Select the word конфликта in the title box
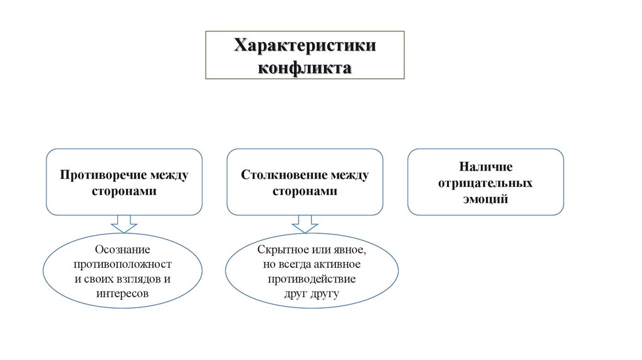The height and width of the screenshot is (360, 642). tap(305, 66)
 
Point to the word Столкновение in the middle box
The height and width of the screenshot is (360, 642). tap(276, 174)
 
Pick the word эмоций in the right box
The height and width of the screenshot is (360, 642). tap(485, 199)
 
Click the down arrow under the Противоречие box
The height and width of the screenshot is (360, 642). tap(124, 224)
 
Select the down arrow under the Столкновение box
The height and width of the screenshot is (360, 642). tap(305, 224)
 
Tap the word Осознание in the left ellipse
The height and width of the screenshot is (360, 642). tap(124, 250)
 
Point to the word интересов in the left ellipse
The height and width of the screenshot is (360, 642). tap(124, 293)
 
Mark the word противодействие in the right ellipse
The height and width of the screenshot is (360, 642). tap(312, 278)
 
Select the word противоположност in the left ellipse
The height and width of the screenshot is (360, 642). tap(124, 265)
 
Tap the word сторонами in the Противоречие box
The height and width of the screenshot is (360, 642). tap(124, 191)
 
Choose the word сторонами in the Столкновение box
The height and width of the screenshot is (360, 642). tap(305, 191)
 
